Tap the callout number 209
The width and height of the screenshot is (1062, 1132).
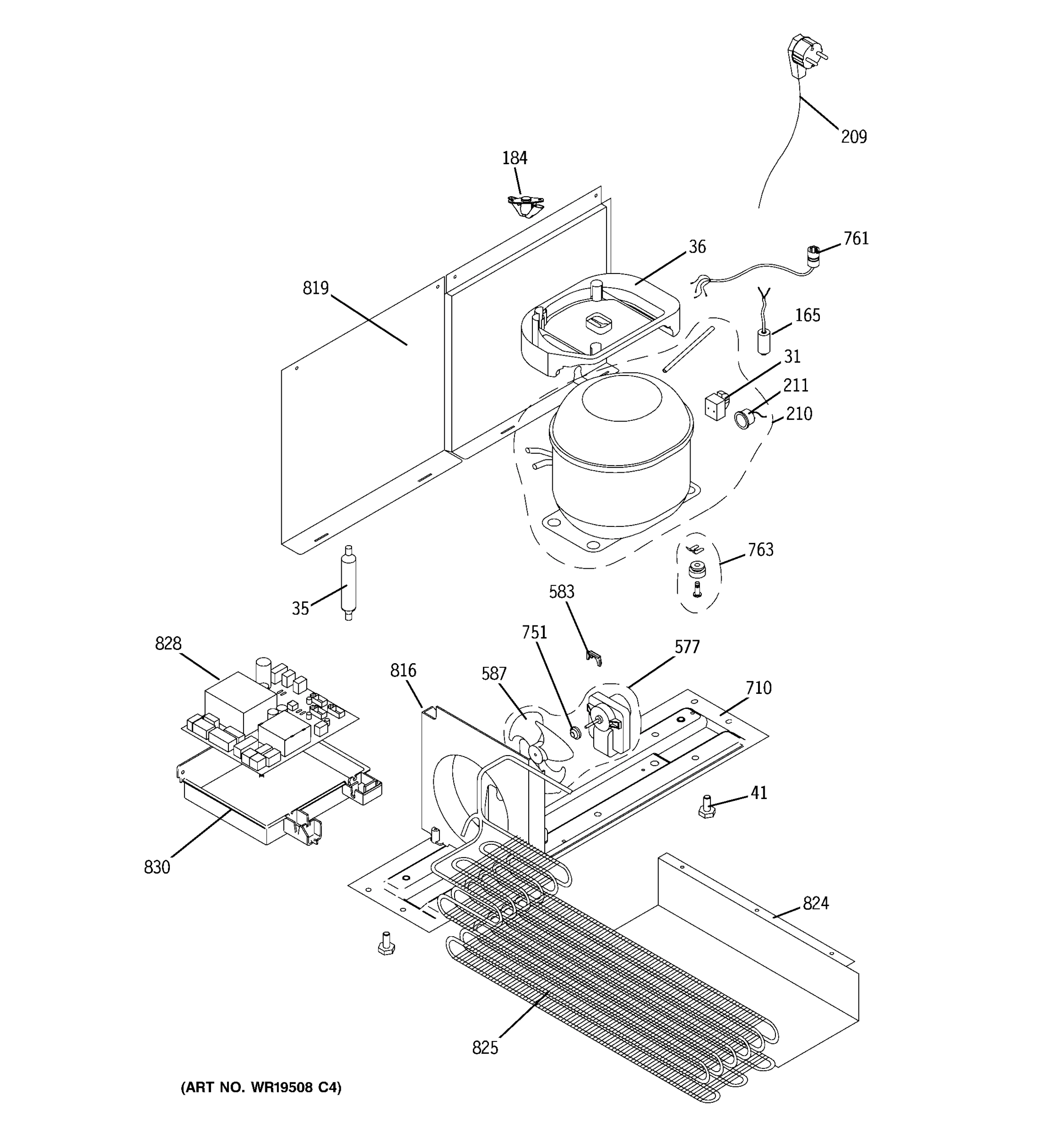[x=853, y=137]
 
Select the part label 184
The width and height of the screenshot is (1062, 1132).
[x=514, y=158]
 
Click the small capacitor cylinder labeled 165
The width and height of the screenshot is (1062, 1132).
[x=764, y=341]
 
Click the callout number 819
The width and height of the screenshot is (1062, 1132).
[x=316, y=289]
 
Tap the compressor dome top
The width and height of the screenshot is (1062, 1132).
[x=621, y=399]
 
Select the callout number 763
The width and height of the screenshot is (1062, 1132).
[x=760, y=550]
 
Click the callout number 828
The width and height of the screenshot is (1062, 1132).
[x=168, y=644]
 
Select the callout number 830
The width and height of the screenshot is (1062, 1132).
[x=157, y=867]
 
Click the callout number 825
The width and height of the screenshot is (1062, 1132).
[x=485, y=1048]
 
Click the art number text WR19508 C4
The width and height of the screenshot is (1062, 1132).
[x=261, y=1088]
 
